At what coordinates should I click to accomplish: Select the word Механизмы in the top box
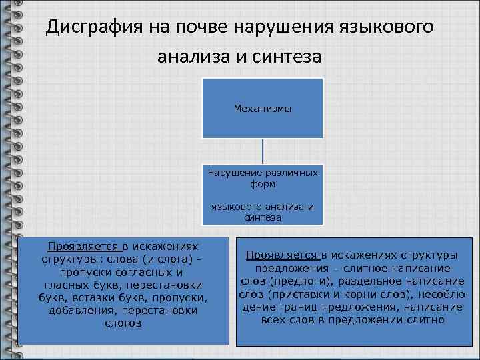[x=263, y=108]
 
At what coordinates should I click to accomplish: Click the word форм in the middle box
[x=263, y=183]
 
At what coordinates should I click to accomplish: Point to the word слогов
[x=123, y=323]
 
